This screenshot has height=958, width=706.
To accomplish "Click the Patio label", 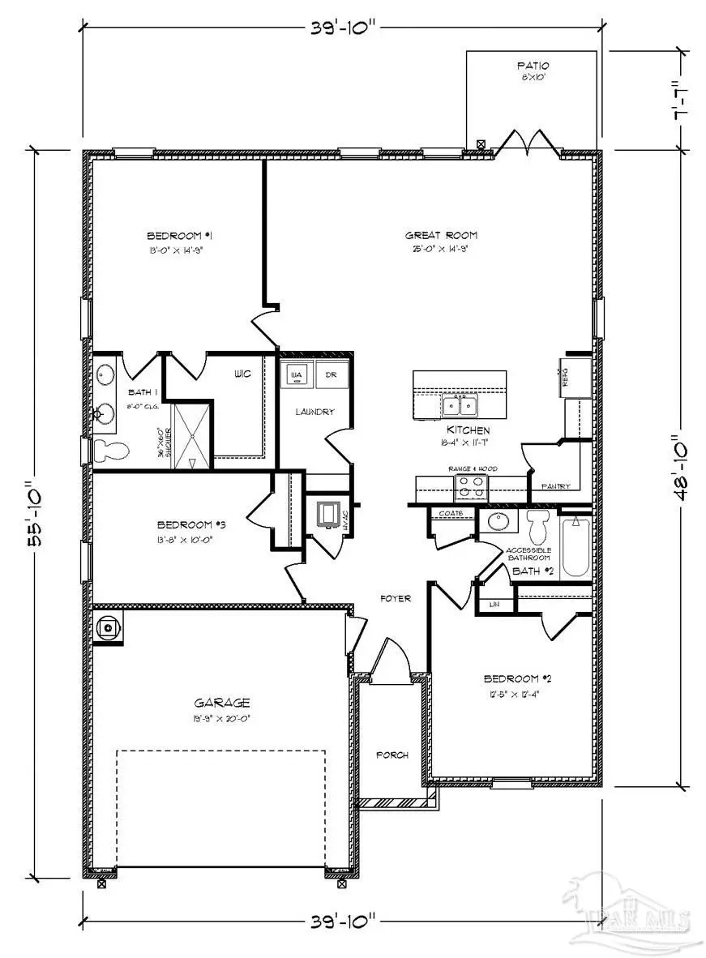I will [x=533, y=66].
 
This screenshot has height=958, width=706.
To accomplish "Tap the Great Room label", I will [x=437, y=236].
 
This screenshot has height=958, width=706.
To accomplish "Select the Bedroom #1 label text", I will [x=179, y=236].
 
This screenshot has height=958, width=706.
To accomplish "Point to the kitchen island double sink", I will [x=460, y=405].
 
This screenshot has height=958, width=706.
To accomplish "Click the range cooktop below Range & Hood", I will [x=471, y=486].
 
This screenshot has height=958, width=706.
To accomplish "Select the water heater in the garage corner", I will [x=109, y=627].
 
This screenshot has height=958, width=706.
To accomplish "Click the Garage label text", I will [x=221, y=703].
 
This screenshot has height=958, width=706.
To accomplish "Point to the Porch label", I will [x=393, y=755].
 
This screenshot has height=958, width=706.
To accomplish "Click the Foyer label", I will [x=396, y=599].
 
